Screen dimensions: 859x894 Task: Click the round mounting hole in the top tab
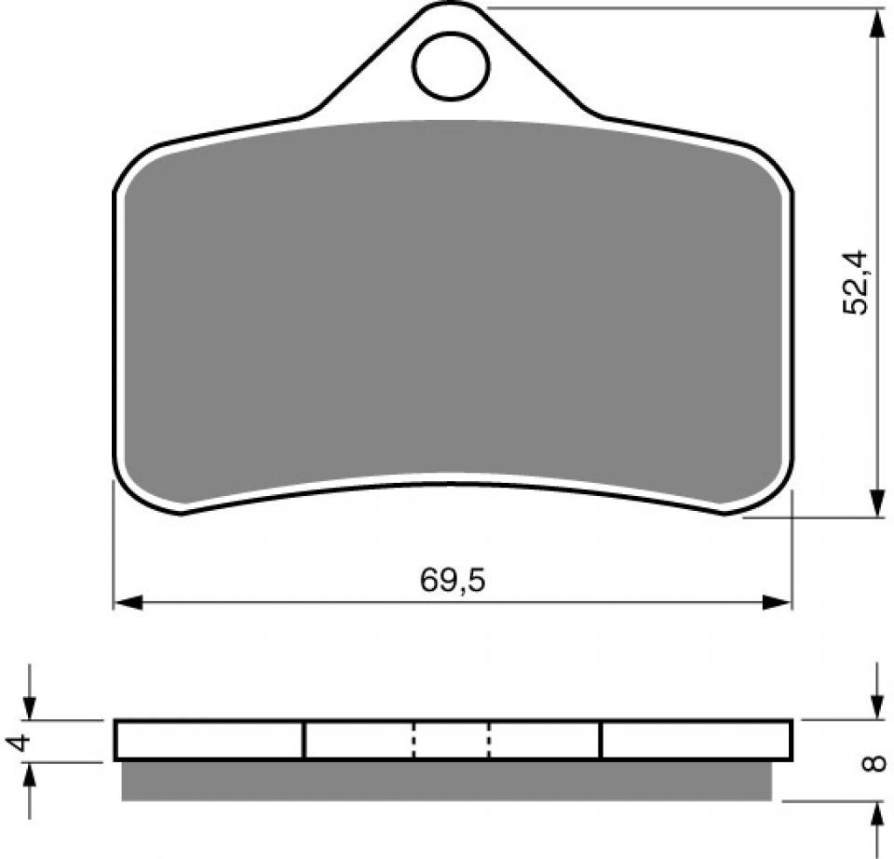click(x=452, y=66)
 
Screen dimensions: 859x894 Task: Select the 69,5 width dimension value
click(x=453, y=580)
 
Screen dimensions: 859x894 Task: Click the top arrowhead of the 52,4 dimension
click(x=876, y=24)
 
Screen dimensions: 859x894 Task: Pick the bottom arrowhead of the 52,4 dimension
click(x=876, y=502)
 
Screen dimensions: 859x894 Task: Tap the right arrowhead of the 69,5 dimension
click(x=776, y=602)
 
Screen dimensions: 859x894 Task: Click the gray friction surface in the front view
click(x=452, y=307)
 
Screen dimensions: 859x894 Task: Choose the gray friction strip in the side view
click(x=447, y=781)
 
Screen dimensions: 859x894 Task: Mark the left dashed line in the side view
click(x=414, y=740)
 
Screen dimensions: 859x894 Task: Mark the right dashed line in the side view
click(x=488, y=740)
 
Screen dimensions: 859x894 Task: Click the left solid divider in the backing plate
click(x=304, y=740)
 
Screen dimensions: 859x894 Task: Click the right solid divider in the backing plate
click(x=601, y=740)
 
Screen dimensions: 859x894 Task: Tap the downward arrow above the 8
click(x=876, y=705)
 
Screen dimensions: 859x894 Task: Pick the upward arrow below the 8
click(x=876, y=816)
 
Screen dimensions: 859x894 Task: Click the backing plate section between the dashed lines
click(x=452, y=740)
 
